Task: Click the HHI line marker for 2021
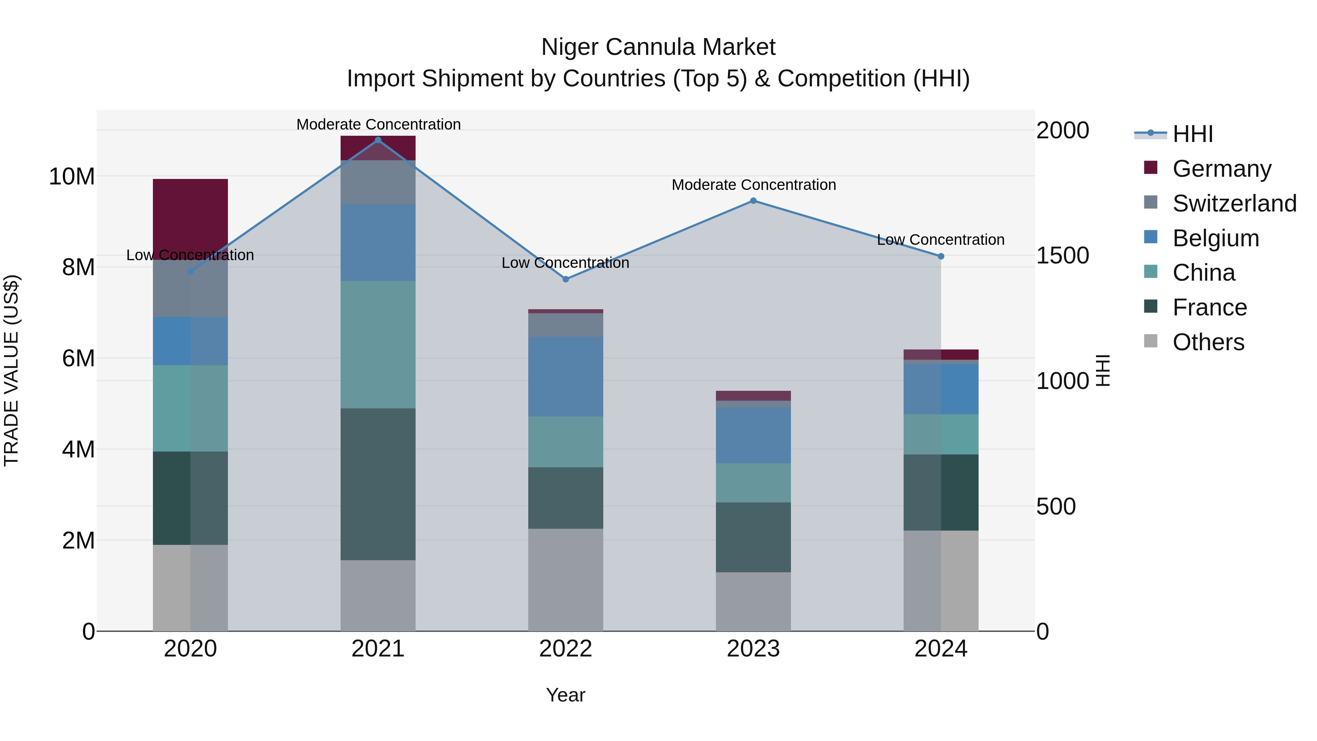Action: [x=378, y=140]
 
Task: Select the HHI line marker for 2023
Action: [x=753, y=201]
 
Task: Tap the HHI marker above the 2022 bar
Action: [x=566, y=279]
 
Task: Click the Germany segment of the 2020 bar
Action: [x=190, y=219]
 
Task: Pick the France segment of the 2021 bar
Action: [x=378, y=484]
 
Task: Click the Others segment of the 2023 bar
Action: [x=753, y=601]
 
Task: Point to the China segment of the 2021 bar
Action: [x=378, y=344]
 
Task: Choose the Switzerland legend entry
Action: [x=1234, y=203]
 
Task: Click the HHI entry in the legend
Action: [x=1192, y=134]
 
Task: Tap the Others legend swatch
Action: [x=1150, y=341]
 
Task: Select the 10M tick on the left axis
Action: [x=72, y=176]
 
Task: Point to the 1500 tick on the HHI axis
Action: [x=1062, y=256]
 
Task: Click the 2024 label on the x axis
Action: [x=941, y=649]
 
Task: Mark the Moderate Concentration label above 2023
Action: [x=754, y=185]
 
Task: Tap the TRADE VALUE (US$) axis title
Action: [x=11, y=370]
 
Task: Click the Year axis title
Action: [x=566, y=695]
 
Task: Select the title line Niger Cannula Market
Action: [x=658, y=47]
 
